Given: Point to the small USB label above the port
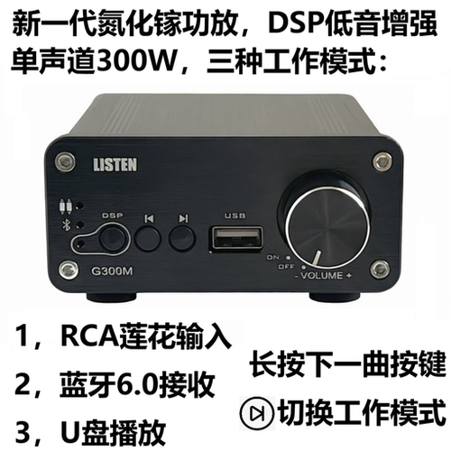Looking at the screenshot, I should (x=234, y=216).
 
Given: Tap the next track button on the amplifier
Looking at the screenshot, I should (x=183, y=239).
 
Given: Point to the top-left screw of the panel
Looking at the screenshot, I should (x=63, y=162).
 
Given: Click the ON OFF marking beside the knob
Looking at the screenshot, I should (x=272, y=262).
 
